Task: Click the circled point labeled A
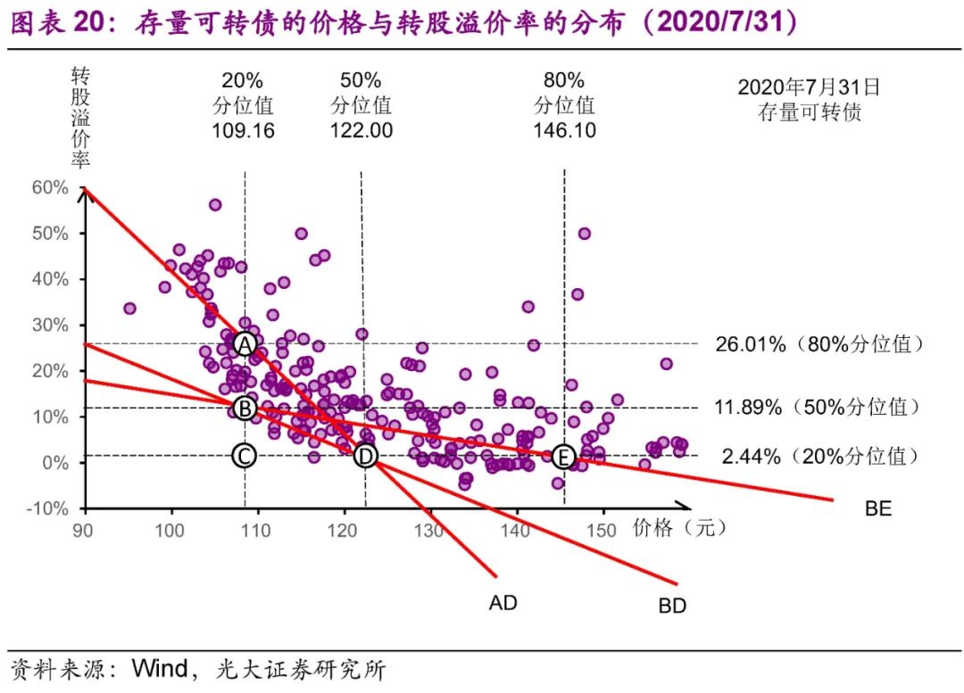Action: pyautogui.click(x=245, y=343)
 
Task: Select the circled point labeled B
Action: pyautogui.click(x=245, y=408)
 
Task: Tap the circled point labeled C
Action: pyautogui.click(x=245, y=456)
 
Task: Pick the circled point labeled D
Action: pyautogui.click(x=365, y=456)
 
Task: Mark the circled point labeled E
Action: pyautogui.click(x=562, y=457)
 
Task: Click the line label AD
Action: pyautogui.click(x=503, y=603)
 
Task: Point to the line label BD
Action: pyautogui.click(x=672, y=606)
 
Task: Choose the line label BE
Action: pyautogui.click(x=878, y=509)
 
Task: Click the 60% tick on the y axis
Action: pyautogui.click(x=50, y=187)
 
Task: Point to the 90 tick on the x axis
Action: pyautogui.click(x=86, y=530)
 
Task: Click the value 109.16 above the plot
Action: pyautogui.click(x=243, y=130)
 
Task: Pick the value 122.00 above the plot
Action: pyautogui.click(x=361, y=130)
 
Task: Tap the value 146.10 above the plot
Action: pyautogui.click(x=564, y=130)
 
